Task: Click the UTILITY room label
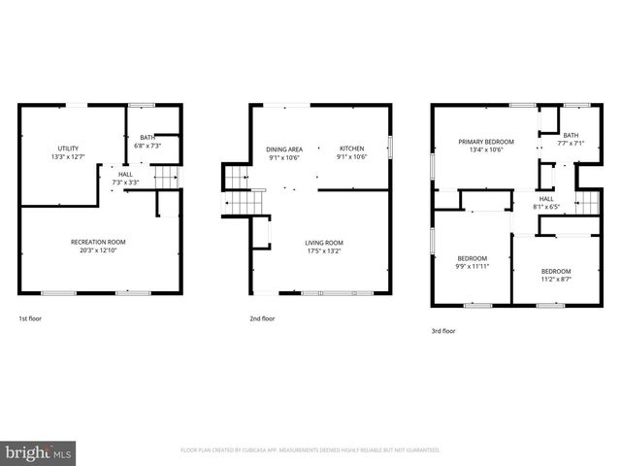(68, 148)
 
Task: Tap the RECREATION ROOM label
(98, 242)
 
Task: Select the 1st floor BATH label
(147, 138)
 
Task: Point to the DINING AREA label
(283, 149)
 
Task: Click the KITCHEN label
(350, 149)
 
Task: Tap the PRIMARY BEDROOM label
(486, 142)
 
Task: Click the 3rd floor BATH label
(571, 135)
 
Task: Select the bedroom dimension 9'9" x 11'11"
(473, 266)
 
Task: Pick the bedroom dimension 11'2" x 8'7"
(556, 279)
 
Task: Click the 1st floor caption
(30, 318)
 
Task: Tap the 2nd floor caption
(263, 318)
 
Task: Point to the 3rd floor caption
(443, 330)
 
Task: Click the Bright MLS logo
(39, 451)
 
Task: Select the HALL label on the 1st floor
(125, 174)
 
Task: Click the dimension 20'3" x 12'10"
(98, 250)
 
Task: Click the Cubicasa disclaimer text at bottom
(310, 450)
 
